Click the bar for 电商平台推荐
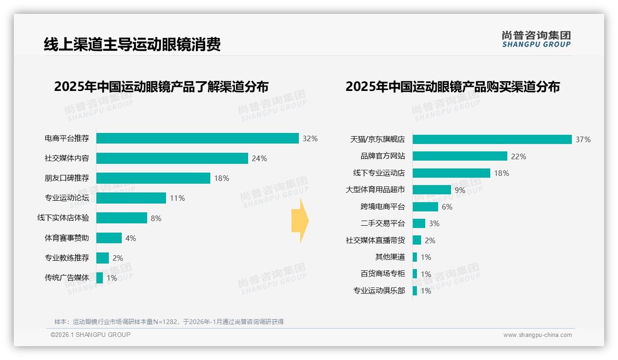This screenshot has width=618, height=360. pos(197,138)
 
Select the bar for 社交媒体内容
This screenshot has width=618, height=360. pos(172,158)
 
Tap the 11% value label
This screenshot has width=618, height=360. pos(177,198)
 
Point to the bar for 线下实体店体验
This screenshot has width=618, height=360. pos(122,218)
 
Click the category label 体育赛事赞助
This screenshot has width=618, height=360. pos(67,238)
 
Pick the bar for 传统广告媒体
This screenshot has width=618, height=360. pos(100,278)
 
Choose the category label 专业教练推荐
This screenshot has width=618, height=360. pos(67,258)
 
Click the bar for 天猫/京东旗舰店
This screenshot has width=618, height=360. pos(492,139)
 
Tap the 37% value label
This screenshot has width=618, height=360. pos(583,139)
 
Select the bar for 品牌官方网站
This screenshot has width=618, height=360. pos(460,156)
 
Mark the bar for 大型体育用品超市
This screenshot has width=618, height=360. pos(432,190)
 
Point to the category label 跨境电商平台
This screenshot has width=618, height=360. pos(383,207)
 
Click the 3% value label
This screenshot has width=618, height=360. pos(434,223)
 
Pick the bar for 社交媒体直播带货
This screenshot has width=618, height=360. pos(417,240)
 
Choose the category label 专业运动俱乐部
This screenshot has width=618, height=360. pos(379,291)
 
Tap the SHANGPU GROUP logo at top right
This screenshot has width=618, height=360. pos(536,39)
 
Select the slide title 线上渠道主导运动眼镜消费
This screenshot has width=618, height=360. pos(132,44)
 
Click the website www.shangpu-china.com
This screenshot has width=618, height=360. pos(537,335)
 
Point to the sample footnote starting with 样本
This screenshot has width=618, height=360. pos(169,322)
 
